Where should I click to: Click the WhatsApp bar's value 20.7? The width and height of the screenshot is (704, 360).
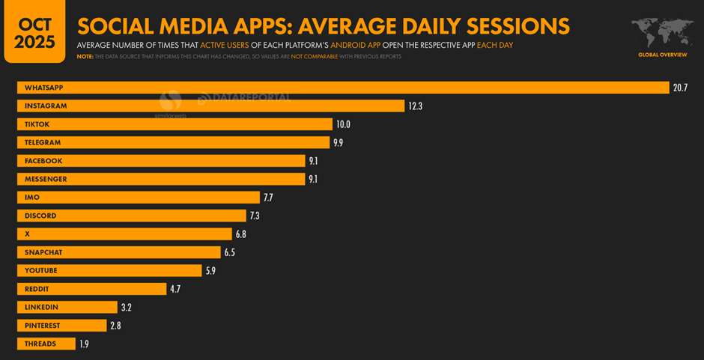pos(680,88)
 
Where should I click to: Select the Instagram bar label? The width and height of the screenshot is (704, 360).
pos(46,106)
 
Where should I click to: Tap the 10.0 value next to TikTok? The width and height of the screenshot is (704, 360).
pos(343,124)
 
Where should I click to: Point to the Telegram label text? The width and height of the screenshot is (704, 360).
pos(43,142)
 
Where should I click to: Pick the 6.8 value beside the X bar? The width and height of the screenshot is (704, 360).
pos(240,234)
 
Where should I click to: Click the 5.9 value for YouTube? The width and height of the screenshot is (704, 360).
pos(210,271)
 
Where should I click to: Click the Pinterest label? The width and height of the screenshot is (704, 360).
pos(42,326)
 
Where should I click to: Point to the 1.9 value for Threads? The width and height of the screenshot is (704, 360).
pos(84,344)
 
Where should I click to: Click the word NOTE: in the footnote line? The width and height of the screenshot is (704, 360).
pos(85,57)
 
